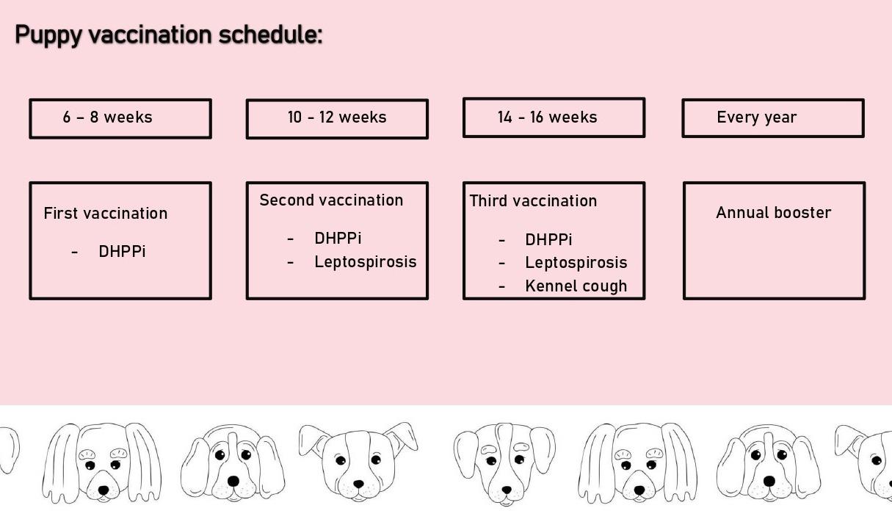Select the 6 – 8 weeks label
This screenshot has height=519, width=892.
pos(107,117)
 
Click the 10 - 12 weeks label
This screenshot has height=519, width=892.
pos(337,117)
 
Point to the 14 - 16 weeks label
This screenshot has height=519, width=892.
pos(547,117)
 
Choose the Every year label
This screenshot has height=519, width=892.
pos(756,117)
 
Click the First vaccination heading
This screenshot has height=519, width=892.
pos(106,214)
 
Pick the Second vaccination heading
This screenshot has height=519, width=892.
pos(331,200)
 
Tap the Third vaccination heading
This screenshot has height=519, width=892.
pos(533,201)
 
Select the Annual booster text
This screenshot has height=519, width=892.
pos(773,213)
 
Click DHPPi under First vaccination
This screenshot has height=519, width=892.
pos(122,252)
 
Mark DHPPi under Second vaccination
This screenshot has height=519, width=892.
pos(338,239)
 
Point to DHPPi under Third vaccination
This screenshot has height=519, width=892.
pos(548,240)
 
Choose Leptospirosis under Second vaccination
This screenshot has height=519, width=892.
pos(365,262)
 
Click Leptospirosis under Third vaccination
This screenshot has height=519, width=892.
pos(576,263)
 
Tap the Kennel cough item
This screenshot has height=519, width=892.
pos(576,286)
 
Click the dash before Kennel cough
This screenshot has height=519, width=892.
pos(501,286)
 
